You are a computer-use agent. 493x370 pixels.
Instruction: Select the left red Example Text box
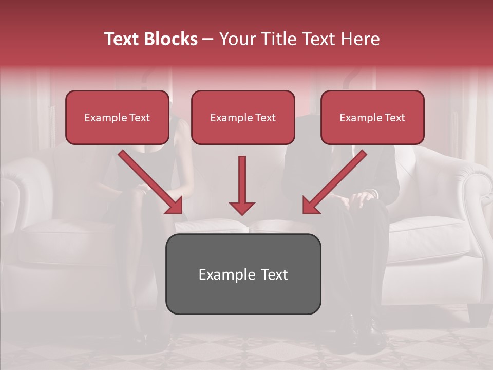117,118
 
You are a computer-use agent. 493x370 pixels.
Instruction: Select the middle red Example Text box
243,118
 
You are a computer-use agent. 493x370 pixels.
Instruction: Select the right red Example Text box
372,118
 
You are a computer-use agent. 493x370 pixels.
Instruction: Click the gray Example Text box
243,274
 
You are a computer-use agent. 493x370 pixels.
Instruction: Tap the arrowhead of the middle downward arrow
242,209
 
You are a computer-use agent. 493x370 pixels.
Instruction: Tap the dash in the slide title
208,39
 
